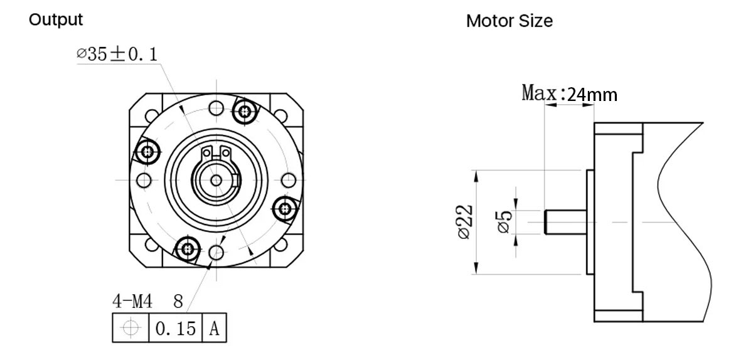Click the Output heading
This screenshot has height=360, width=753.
[56, 20]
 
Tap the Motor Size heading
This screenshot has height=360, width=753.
[509, 21]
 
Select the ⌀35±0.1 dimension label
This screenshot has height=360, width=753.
[117, 55]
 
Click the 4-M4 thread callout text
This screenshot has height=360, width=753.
[133, 302]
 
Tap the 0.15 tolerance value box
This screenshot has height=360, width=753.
[175, 328]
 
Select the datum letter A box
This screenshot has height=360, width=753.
[214, 328]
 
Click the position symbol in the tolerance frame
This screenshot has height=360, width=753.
[131, 328]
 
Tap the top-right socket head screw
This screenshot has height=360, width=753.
[245, 112]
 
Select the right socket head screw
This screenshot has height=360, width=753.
[286, 207]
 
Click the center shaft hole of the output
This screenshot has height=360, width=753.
[216, 180]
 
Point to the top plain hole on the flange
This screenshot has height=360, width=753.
[216, 107]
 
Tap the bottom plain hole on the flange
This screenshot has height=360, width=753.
[216, 253]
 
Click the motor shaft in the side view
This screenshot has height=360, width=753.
[565, 223]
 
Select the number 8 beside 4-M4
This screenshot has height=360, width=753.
[178, 302]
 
